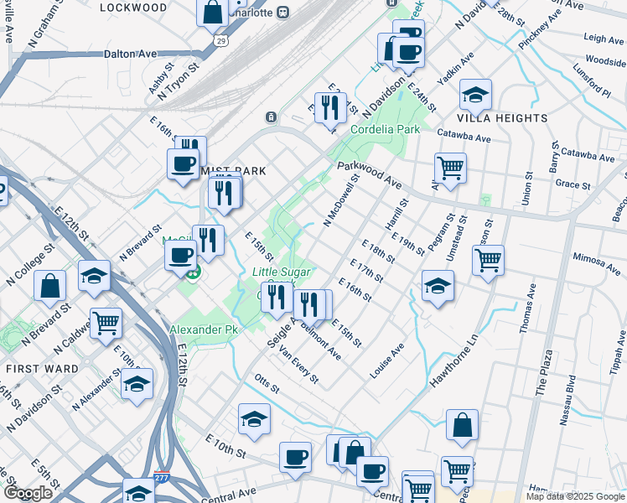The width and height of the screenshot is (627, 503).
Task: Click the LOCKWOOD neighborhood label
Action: coord(133,7)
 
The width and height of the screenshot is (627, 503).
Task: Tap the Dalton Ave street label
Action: coord(130,54)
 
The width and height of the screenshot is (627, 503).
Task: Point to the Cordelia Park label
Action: coord(385,130)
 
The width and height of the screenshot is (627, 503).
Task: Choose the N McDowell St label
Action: coord(342,201)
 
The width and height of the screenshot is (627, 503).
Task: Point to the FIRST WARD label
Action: coord(31,369)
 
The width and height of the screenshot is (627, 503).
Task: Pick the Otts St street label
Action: coord(265,382)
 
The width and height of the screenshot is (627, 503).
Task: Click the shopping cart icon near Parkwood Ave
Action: coord(451,168)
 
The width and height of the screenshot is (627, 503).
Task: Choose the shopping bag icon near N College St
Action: coord(50,285)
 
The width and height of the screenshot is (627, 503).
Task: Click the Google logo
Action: coord(28,493)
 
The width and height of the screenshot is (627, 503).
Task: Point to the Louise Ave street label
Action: coord(387,359)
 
